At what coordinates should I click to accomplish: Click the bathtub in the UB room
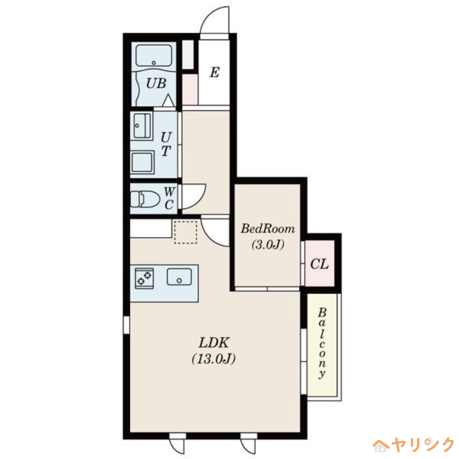(154, 56)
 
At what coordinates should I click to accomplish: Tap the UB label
(156, 83)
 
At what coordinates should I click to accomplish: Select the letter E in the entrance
(215, 72)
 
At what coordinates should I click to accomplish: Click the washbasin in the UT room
(142, 126)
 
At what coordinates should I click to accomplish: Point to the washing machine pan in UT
(142, 162)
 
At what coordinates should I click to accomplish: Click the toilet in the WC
(145, 199)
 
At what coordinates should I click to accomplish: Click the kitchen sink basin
(179, 277)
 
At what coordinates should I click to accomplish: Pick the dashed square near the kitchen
(185, 232)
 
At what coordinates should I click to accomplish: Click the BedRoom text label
(267, 228)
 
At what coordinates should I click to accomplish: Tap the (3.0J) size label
(268, 244)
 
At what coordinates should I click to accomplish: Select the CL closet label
(320, 264)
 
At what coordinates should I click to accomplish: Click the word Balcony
(322, 343)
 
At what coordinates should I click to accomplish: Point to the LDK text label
(213, 343)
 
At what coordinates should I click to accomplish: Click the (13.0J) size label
(213, 359)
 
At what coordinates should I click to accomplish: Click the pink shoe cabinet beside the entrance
(190, 90)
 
